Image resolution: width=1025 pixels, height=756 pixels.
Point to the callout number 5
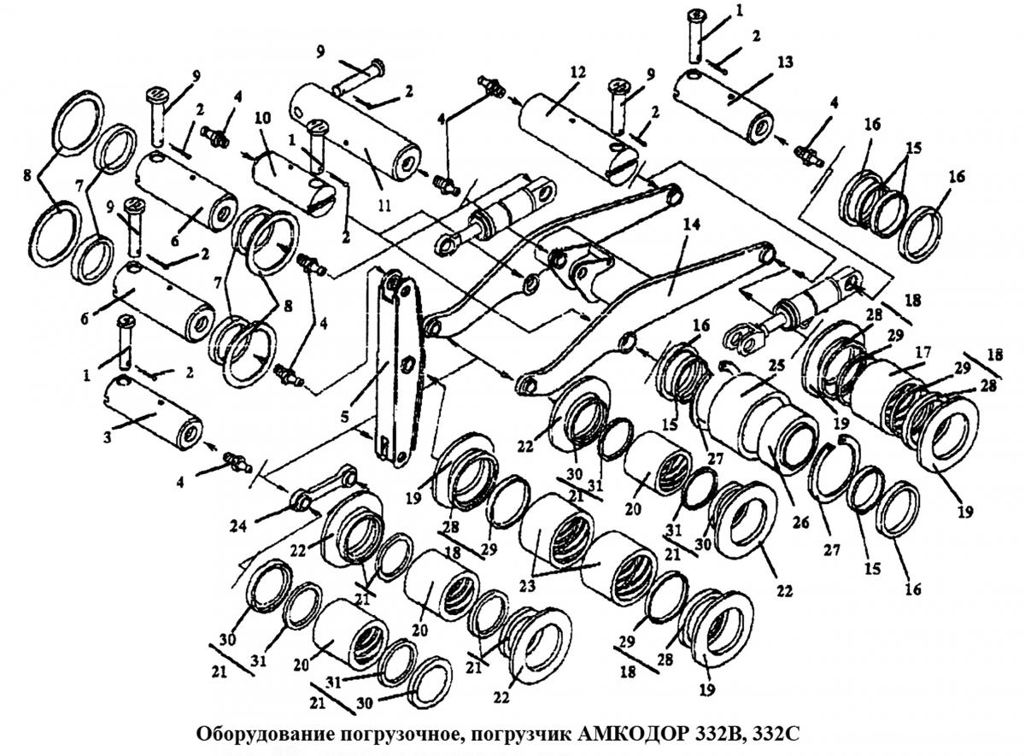pos(344,416)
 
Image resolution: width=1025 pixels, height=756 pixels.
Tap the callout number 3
pos(107,438)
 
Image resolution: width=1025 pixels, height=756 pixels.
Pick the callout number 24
pos(238,526)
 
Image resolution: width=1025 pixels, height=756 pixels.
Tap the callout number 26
pos(802,522)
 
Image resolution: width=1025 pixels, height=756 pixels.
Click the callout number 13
pos(785,62)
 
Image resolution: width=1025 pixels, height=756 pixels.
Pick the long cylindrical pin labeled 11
pos(355,132)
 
